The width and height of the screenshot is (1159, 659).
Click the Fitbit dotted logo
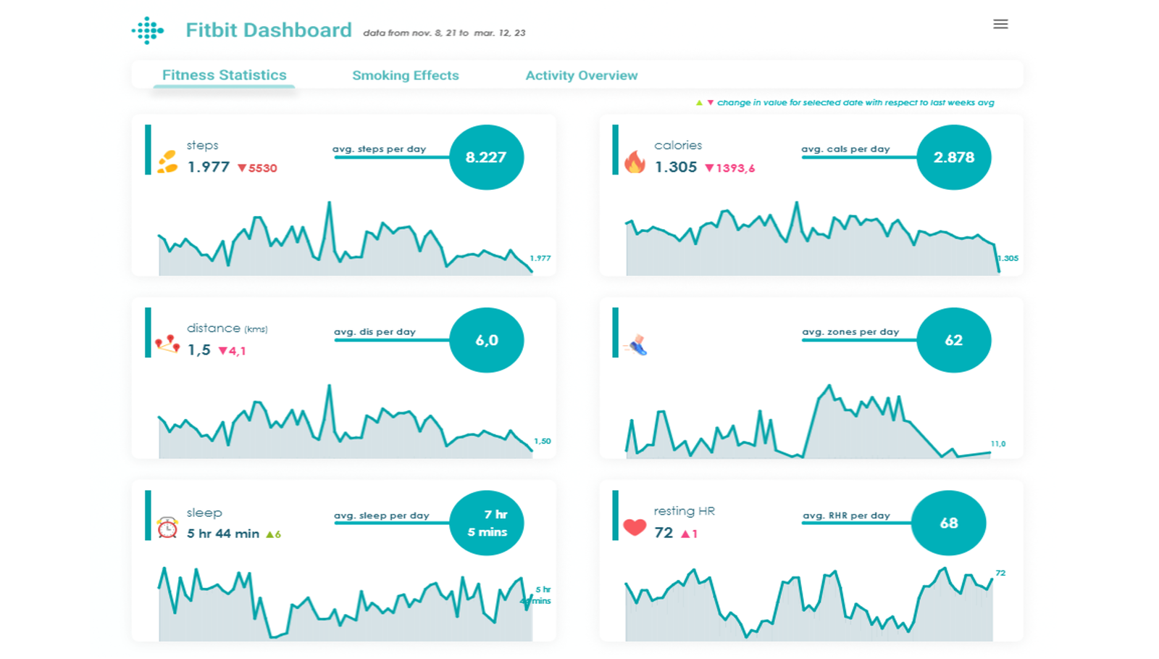click(x=148, y=30)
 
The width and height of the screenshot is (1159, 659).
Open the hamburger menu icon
click(x=1000, y=24)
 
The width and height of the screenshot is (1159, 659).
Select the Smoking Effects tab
click(x=405, y=75)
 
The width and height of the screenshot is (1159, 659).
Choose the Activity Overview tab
click(x=581, y=75)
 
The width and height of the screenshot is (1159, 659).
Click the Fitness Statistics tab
click(x=224, y=75)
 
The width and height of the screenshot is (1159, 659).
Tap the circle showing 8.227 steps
click(x=486, y=157)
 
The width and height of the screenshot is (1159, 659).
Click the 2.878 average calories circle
click(x=953, y=157)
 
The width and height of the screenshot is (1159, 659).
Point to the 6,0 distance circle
click(x=486, y=340)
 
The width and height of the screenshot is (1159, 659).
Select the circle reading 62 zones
click(x=953, y=340)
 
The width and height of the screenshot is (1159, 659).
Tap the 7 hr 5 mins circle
click(x=486, y=523)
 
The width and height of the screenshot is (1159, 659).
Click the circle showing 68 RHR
click(x=948, y=523)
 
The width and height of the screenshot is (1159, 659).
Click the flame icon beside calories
click(x=635, y=162)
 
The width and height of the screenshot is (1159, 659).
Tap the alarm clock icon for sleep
click(x=167, y=528)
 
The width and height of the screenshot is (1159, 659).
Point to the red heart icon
click(x=635, y=527)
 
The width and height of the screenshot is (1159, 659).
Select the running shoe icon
click(x=637, y=345)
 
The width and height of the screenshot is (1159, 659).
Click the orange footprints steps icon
click(x=167, y=161)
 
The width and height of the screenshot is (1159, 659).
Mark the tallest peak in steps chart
click(x=330, y=203)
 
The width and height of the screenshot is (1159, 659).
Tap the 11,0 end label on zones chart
click(x=997, y=444)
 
